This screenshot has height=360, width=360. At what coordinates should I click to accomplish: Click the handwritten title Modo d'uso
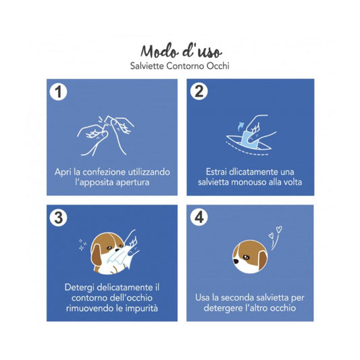tap(181, 51)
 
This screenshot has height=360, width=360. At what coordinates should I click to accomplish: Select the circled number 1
tap(58, 92)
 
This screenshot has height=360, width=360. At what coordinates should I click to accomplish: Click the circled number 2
tap(199, 91)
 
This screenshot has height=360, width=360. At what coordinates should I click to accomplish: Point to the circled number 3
tap(59, 217)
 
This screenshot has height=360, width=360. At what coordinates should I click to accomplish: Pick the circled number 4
tap(199, 217)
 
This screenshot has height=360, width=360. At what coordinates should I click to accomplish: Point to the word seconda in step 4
tap(239, 298)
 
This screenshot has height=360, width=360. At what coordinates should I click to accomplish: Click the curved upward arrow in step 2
tap(240, 126)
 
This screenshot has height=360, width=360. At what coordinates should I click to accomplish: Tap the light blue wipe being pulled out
tap(249, 139)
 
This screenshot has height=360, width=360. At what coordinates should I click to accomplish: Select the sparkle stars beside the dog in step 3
tap(82, 245)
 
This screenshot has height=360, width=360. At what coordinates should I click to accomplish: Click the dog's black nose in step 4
tap(236, 261)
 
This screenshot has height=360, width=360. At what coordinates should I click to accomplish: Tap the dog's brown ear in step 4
tap(263, 259)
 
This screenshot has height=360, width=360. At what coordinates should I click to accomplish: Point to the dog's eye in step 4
tap(247, 257)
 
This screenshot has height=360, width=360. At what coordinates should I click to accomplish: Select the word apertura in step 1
tap(132, 182)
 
